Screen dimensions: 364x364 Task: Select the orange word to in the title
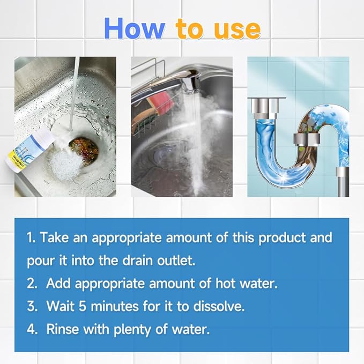coord(191,30)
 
